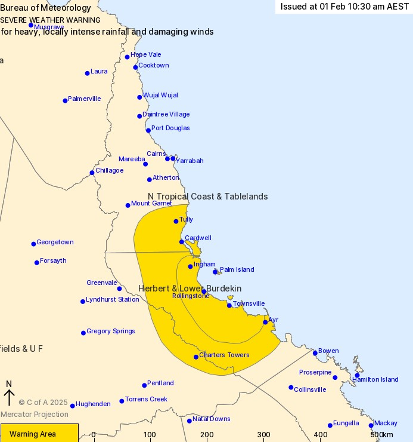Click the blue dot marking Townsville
[229, 305]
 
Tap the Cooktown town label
[153, 66]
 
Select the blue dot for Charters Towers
[196, 357]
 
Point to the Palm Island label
[237, 270]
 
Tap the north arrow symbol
[9, 394]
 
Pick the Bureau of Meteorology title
[46, 8]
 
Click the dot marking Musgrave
[31, 25]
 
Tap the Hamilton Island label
[375, 380]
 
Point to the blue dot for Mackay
[371, 425]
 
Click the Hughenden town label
[93, 404]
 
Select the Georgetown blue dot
[33, 244]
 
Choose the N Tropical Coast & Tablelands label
[207, 197]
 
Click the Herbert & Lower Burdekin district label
[190, 288]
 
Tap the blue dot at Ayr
[265, 322]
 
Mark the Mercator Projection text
[34, 415]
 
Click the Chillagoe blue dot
[92, 173]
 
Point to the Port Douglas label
[170, 128]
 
